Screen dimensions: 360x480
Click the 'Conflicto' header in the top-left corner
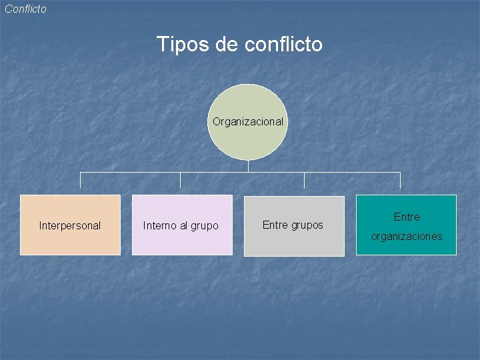pyautogui.click(x=25, y=9)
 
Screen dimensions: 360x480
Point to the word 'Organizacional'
pyautogui.click(x=247, y=121)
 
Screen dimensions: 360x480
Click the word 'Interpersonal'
pyautogui.click(x=70, y=225)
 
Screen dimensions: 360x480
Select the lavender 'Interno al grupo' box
pyautogui.click(x=181, y=243)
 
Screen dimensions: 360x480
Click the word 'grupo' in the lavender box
pyautogui.click(x=204, y=226)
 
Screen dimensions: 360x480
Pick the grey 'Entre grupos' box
pyautogui.click(x=293, y=243)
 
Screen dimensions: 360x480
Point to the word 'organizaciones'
pyautogui.click(x=407, y=236)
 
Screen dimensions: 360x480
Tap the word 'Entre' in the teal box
pyautogui.click(x=407, y=217)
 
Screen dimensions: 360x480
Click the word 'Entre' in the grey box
pyautogui.click(x=275, y=225)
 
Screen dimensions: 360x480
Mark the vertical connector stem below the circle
pyautogui.click(x=247, y=166)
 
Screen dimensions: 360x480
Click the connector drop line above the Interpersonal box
pyautogui.click(x=81, y=181)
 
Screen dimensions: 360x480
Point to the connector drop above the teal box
pyautogui.click(x=400, y=181)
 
